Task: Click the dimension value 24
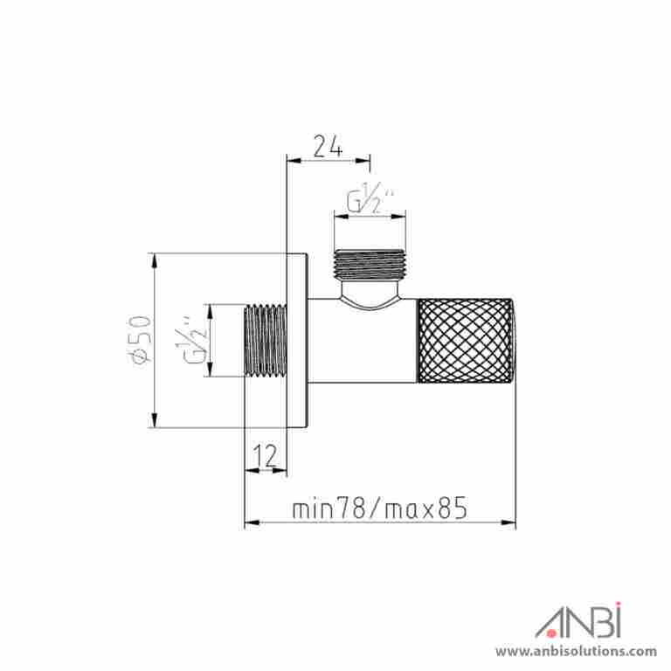coord(329,147)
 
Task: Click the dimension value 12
coord(266,455)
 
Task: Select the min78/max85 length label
coord(379,508)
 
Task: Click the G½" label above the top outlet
coord(370,198)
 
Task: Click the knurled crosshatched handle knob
coord(466,340)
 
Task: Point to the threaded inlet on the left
coord(266,340)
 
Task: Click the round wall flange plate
coord(297,341)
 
